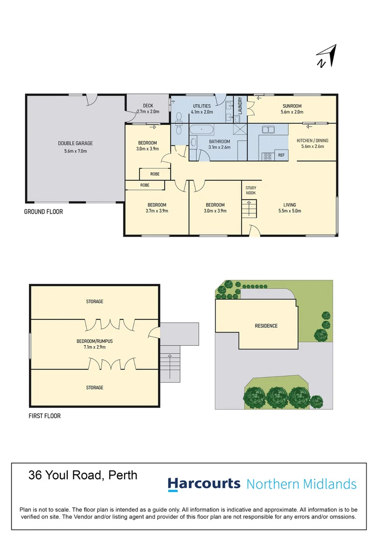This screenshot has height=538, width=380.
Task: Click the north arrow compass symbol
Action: coord(327,56)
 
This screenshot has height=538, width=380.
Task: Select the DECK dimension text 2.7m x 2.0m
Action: coord(148,112)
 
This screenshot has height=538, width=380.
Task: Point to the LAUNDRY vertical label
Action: coord(240,106)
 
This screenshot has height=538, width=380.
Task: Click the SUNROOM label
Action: coord(292,106)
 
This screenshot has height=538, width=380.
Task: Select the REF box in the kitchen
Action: coord(281,155)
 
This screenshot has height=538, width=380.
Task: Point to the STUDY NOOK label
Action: coord(251,190)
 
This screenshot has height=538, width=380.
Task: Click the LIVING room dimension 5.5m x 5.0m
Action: coord(289,211)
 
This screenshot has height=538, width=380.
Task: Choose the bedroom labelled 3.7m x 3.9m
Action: coord(157,208)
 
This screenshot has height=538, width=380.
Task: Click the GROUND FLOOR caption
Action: coord(44,212)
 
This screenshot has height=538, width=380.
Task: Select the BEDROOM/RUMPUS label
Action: coord(95,341)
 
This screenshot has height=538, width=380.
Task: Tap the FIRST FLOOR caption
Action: coord(44,416)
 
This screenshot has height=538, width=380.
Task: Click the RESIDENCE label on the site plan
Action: coord(266,326)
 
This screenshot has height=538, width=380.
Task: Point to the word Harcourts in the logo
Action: coord(204,484)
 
